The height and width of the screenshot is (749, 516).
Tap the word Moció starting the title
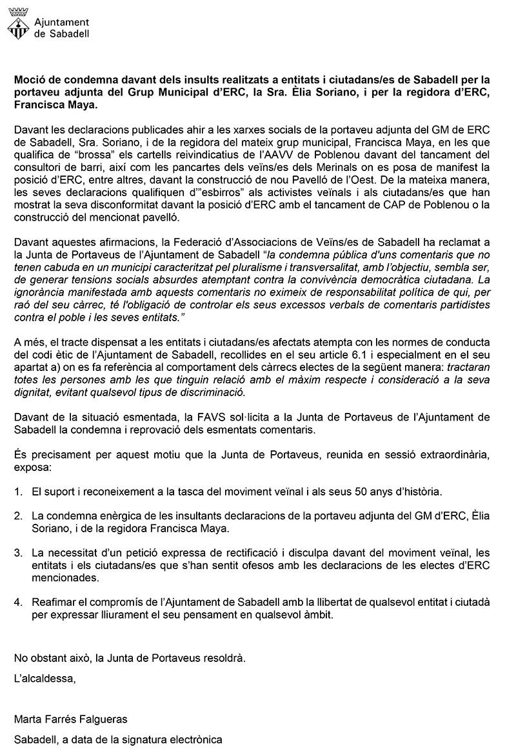point(30,80)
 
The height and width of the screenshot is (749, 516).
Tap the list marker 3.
point(18,552)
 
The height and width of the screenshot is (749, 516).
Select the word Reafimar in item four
point(53,601)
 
